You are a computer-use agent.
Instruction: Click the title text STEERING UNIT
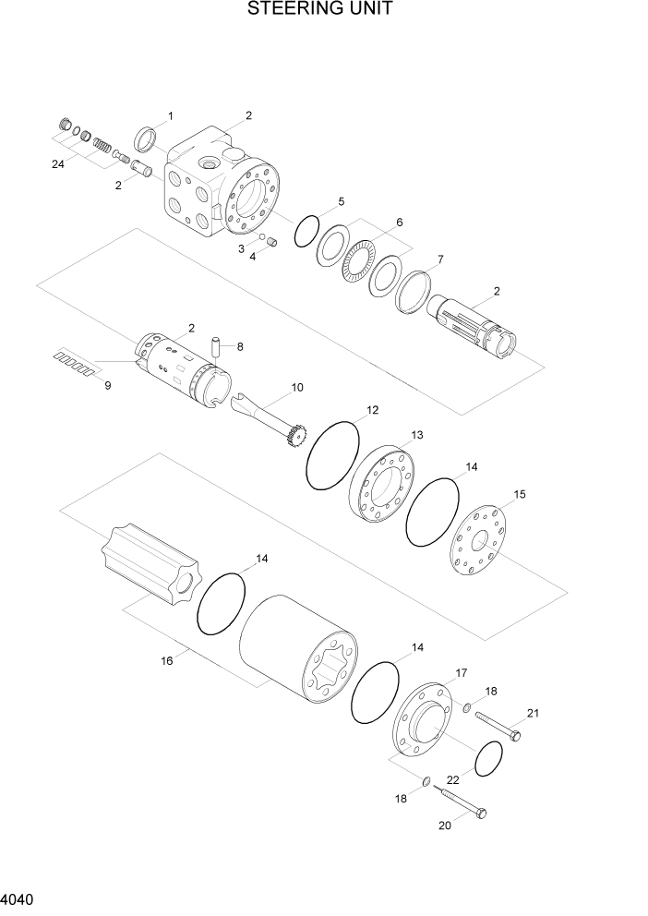[320, 10]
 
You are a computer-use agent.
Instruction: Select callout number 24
[58, 164]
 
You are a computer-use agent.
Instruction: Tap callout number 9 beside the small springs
[107, 385]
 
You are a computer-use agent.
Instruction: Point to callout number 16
[167, 661]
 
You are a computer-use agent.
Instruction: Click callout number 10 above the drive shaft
[297, 388]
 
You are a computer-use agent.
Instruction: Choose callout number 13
[417, 435]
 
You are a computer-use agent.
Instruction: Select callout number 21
[533, 712]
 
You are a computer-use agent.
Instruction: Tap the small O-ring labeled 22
[487, 759]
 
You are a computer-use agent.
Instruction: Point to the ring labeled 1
[146, 139]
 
